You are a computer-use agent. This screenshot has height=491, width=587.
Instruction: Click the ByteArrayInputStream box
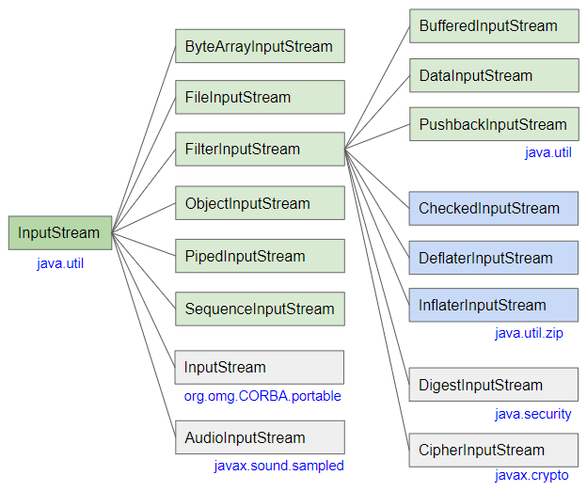260,46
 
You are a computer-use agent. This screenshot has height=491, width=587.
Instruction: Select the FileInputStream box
260,97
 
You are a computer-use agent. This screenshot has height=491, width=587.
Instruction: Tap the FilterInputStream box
260,149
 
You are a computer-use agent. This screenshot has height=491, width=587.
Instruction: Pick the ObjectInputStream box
260,203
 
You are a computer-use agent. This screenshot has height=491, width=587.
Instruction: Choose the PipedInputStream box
260,256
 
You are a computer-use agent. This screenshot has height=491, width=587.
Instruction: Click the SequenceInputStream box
260,309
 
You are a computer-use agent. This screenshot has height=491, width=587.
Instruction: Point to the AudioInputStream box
260,437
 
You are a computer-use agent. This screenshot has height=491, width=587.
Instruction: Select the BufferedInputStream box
493,25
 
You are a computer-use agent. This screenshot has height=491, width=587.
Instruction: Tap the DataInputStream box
493,75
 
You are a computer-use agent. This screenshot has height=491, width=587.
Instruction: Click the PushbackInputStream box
493,124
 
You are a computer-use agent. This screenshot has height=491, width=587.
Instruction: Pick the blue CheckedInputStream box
493,208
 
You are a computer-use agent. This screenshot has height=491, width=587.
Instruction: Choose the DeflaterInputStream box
493,258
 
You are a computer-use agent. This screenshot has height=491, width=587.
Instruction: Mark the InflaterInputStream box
493,305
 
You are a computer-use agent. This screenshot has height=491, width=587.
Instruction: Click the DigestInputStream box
493,385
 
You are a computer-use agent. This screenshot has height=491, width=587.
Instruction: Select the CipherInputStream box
493,451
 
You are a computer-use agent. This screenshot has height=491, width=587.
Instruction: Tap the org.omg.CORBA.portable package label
262,396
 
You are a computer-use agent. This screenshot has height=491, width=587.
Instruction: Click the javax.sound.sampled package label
278,466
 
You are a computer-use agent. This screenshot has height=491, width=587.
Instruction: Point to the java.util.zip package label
529,333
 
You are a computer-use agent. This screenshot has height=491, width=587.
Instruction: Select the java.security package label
532,414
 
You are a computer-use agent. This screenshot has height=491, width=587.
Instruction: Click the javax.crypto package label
531,476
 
